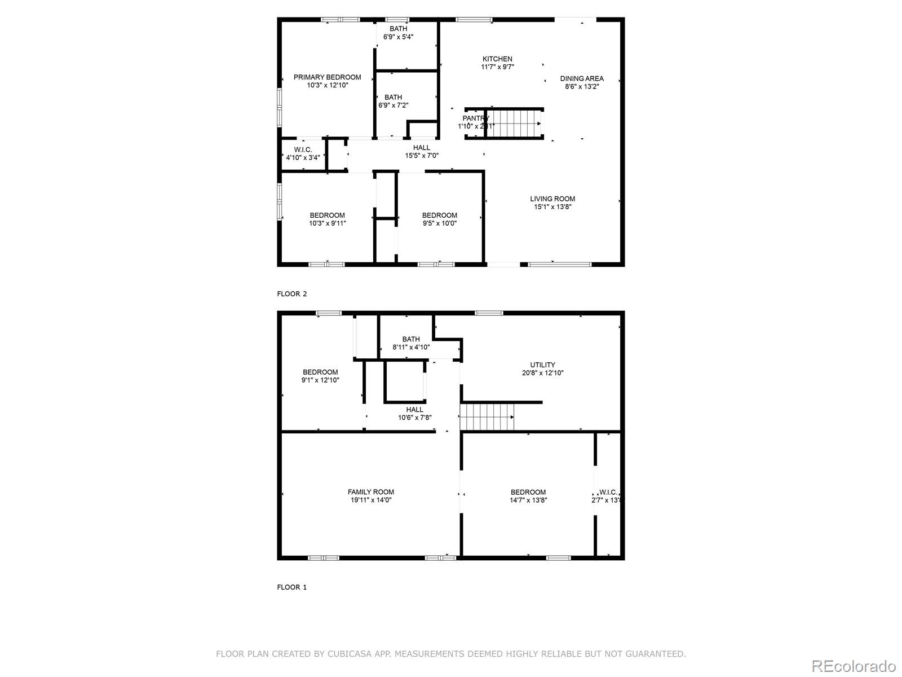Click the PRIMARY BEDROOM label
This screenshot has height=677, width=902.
[327, 77]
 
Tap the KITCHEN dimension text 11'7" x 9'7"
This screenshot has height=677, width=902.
[497, 67]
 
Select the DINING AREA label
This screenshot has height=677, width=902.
[582, 78]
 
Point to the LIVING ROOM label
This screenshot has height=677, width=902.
[552, 199]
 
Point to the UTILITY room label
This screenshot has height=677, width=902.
[542, 365]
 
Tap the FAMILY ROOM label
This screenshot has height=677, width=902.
[370, 492]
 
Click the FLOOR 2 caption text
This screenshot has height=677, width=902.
[292, 294]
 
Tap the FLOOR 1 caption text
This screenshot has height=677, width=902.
[292, 587]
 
